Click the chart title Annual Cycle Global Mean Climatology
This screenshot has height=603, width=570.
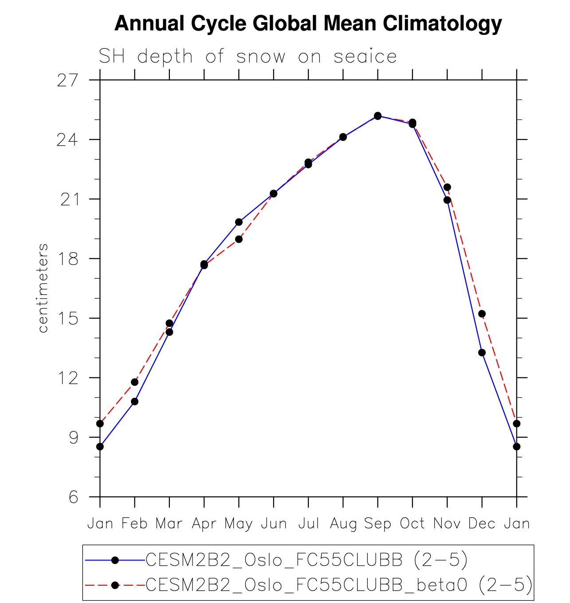click(308, 23)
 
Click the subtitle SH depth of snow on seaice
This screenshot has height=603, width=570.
click(248, 57)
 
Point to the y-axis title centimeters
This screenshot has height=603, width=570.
click(43, 288)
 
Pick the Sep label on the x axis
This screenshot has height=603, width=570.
click(377, 524)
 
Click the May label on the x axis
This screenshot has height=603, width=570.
click(239, 524)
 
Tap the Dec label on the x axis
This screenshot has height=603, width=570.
click(482, 524)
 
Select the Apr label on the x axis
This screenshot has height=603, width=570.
click(204, 524)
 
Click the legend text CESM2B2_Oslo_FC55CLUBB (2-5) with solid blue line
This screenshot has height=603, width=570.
click(307, 560)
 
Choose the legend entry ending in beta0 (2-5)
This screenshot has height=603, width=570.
click(339, 585)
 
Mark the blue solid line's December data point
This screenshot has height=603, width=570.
click(482, 353)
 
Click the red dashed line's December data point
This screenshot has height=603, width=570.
click(482, 314)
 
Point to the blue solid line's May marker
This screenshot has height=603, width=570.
click(239, 222)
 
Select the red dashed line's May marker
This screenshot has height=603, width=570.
click(239, 239)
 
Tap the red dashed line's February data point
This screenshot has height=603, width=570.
click(134, 382)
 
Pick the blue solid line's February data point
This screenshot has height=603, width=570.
click(134, 401)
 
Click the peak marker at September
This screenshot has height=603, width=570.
click(377, 116)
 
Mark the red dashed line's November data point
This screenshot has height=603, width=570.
click(447, 187)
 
